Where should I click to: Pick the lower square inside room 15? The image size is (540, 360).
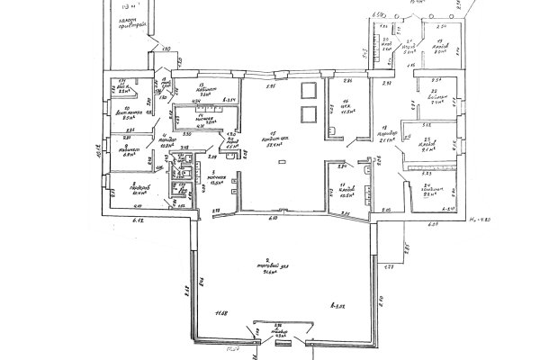point(307,114)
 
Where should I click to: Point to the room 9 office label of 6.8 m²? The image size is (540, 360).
point(125,148)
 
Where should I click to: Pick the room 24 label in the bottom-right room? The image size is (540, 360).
point(428,191)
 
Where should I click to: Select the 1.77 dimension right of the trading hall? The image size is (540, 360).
point(390,267)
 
